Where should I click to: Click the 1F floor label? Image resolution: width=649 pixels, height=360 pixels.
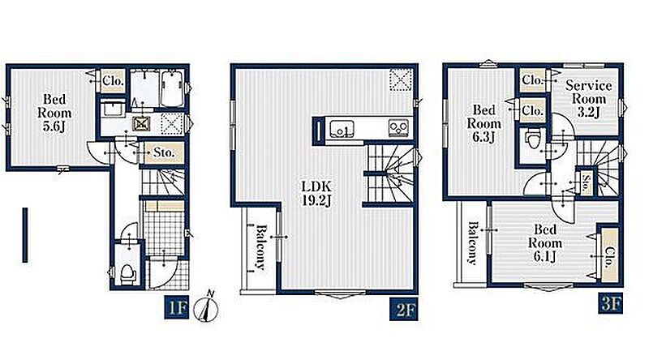(177, 307)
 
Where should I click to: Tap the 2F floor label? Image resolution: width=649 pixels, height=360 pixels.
(404, 310)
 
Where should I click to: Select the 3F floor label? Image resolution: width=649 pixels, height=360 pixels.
(611, 305)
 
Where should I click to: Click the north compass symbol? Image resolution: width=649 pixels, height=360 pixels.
(208, 307)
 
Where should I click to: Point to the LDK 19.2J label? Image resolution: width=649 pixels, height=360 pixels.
(316, 194)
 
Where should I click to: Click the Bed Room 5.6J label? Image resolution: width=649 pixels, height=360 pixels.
(54, 113)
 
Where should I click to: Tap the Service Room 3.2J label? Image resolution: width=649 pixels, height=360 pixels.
(589, 98)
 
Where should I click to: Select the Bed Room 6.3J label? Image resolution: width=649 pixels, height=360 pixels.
(484, 123)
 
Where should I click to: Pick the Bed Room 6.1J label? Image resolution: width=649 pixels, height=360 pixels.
(544, 242)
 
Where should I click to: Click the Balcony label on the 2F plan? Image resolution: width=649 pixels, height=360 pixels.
(260, 247)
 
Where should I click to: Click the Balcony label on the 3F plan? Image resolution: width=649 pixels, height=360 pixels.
(472, 243)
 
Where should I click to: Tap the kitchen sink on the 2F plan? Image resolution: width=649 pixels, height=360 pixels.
(342, 129)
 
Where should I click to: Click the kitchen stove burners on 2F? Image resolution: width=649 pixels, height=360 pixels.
(398, 128)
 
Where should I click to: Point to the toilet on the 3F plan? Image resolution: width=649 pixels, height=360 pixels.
(533, 138)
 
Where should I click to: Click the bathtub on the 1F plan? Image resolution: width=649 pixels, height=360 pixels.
(173, 88)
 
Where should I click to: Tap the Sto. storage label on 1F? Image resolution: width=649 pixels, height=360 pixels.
(164, 152)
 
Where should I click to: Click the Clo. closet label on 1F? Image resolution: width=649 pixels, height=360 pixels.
(113, 80)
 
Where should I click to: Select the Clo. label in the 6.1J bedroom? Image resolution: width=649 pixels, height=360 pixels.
(609, 257)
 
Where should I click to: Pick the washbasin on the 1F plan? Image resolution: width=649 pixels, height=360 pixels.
(111, 109)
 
